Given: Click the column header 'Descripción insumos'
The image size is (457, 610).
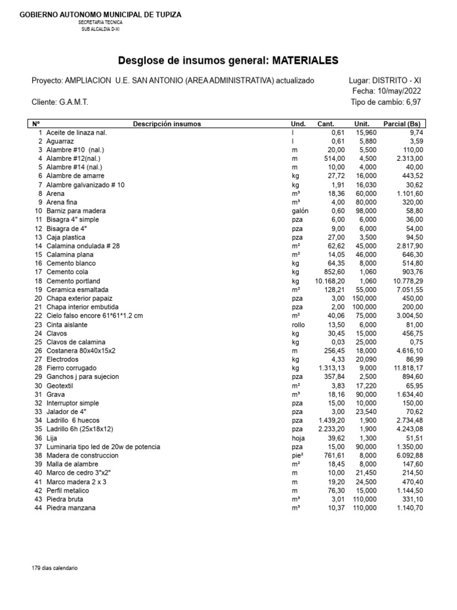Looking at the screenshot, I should pos(167,124).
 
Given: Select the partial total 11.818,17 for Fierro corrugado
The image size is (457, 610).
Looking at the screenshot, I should pos(408,368).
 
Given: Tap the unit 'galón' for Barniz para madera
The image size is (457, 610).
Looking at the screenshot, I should pos(299,211).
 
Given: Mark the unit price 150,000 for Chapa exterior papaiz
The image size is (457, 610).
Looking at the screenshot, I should pos(364,298).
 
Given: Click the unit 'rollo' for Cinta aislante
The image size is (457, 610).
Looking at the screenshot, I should pos(298,324).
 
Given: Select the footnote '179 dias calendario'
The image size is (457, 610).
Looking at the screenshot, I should pos(55,568).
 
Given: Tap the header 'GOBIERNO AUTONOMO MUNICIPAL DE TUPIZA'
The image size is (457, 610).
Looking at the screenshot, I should pos(101,14).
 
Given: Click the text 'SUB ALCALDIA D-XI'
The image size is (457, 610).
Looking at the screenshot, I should pos(101,29).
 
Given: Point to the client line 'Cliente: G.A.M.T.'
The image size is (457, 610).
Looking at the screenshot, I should pos(60,102).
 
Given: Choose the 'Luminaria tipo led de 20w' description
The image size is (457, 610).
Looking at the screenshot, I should pos(104,446).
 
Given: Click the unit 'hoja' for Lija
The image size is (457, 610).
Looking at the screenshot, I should pos(298,438).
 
